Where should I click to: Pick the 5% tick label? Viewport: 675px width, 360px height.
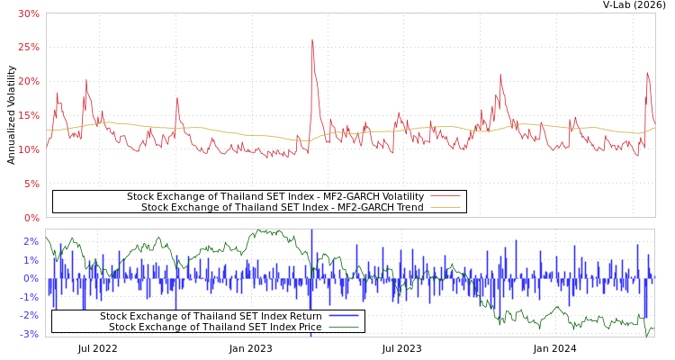(x=31, y=184)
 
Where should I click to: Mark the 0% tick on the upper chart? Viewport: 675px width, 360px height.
(x=31, y=218)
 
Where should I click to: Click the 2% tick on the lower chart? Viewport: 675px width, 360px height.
(x=31, y=241)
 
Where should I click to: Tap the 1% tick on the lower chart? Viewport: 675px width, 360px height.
(x=31, y=260)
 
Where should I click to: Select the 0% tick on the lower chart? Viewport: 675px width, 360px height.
(x=31, y=278)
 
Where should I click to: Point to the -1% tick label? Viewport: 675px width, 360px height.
(x=29, y=297)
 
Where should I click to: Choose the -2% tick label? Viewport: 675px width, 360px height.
(x=29, y=315)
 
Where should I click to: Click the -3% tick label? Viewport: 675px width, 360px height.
(x=29, y=334)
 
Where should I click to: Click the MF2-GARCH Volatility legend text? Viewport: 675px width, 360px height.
(x=274, y=196)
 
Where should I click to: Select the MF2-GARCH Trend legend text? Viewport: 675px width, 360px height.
(x=283, y=208)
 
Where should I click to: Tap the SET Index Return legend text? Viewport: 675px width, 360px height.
(x=211, y=316)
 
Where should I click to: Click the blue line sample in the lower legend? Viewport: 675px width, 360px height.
(x=343, y=316)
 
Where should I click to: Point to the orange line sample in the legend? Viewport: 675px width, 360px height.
(x=445, y=208)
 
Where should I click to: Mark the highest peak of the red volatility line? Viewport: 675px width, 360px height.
(x=312, y=40)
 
